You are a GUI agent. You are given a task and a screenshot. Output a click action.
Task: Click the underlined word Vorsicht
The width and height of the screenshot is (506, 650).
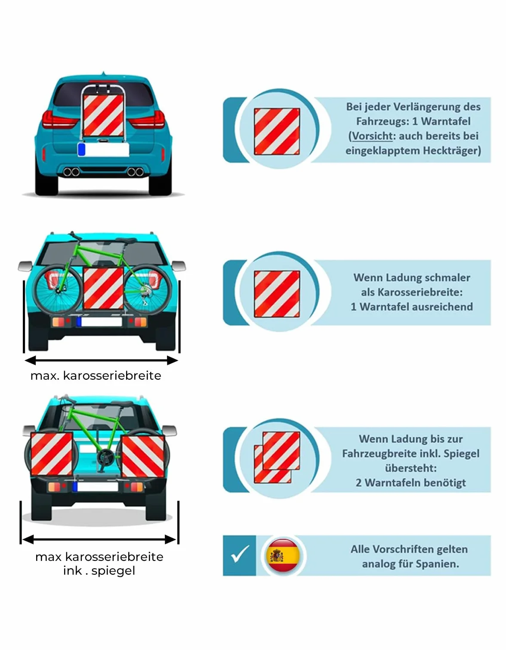[x=372, y=136]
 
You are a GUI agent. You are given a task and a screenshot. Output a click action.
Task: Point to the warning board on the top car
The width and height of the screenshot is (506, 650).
[x=103, y=115]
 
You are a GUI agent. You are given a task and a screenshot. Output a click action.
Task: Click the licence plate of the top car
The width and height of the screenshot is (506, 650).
[x=103, y=149]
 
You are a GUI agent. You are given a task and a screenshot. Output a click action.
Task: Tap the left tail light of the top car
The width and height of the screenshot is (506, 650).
[x=60, y=119]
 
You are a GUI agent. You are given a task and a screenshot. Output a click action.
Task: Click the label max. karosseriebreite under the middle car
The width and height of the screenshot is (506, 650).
[x=96, y=376]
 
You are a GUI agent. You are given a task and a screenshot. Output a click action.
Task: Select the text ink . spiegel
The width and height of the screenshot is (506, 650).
[x=99, y=571]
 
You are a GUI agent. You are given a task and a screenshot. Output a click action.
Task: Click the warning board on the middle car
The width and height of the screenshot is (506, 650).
[x=103, y=288]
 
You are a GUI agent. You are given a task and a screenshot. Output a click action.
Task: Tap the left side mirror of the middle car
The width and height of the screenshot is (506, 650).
[x=25, y=266]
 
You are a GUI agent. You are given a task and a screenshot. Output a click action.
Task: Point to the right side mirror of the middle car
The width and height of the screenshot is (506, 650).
[x=179, y=266]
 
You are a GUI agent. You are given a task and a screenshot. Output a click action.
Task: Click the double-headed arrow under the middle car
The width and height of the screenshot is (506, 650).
[x=101, y=360]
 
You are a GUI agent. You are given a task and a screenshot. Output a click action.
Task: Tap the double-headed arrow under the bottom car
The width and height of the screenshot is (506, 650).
[x=99, y=539]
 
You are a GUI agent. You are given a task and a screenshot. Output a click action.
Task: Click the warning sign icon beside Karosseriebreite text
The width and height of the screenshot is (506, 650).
[x=277, y=294]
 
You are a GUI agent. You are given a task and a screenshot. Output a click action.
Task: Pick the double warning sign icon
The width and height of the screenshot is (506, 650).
[x=277, y=457]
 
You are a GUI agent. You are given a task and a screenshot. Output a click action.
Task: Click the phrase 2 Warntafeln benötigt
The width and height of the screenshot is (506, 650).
[x=410, y=483]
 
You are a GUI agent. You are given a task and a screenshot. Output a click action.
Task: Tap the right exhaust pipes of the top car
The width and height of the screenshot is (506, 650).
[x=136, y=172]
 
